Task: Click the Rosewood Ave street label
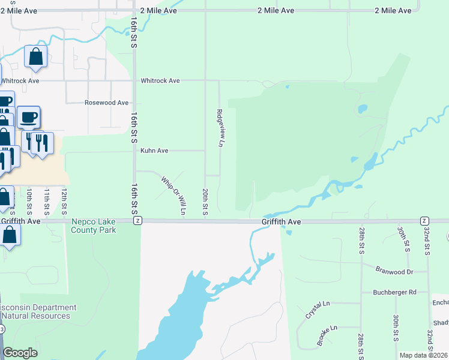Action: pos(107,103)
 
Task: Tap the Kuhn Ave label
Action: pos(154,151)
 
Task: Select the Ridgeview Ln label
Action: pos(220,128)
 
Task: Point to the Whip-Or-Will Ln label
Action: pos(173,194)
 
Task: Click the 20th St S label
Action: pos(205,202)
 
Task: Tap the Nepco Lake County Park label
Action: pos(93,225)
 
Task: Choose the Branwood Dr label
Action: pos(395,271)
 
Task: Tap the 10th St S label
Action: pos(29,201)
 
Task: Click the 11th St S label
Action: pos(46,201)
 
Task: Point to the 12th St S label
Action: pos(64,201)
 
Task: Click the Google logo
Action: pos(20,353)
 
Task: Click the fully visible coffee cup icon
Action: pos(28,117)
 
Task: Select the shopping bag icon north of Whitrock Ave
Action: pos(35,57)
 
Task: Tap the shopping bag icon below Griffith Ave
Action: pos(10,235)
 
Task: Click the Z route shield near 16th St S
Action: pos(137,221)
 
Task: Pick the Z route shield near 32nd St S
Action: pos(424,221)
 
